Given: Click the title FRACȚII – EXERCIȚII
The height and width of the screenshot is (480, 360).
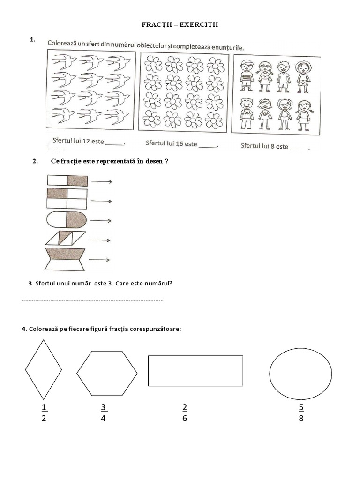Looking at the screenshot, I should pos(180,25).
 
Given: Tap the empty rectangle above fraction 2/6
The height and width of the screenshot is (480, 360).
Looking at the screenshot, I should pos(195,370).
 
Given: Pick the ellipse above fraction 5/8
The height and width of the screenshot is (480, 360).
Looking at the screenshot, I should pos(301,374).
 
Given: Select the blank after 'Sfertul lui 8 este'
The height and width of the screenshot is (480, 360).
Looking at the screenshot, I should pos(300,148).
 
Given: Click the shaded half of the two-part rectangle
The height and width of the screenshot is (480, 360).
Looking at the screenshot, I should pos(77,180).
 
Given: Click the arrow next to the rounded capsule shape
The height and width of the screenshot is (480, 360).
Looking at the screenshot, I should pos(101,220).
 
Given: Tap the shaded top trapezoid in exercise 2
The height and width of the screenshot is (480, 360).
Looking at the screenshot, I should pos(67,254).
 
